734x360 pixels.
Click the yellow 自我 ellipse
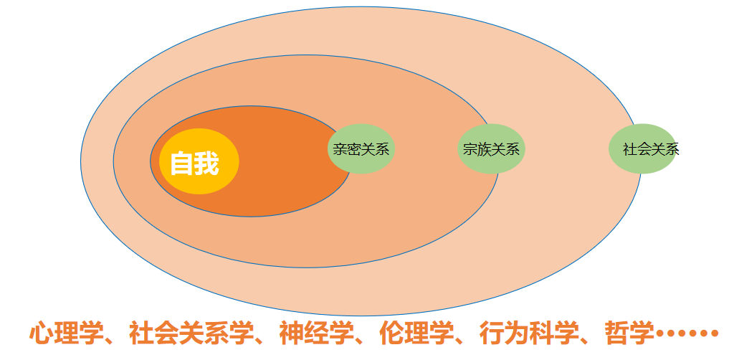[x=199, y=161]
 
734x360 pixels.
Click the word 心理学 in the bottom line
[x=62, y=333]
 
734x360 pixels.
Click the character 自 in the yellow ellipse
[x=182, y=164]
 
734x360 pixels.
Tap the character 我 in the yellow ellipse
[x=206, y=164]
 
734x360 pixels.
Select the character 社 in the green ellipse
[x=629, y=150]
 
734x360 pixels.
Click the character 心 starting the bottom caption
[x=42, y=333]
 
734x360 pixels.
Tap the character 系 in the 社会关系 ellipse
[x=672, y=150]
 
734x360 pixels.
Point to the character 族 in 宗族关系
[x=484, y=150]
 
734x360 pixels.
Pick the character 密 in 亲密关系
[x=354, y=150]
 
